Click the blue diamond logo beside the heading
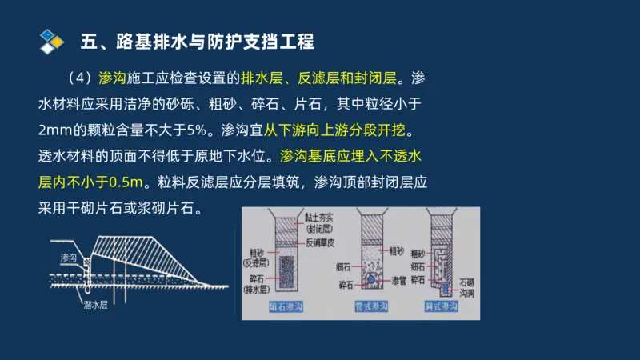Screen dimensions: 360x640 [x=51, y=40]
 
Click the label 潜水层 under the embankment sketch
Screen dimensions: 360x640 [x=95, y=305]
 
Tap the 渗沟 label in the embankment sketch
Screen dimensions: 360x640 [x=69, y=258]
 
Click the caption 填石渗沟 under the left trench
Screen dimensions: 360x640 [x=285, y=306]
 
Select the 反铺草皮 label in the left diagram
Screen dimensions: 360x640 [x=322, y=242]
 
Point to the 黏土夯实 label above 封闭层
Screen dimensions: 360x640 [x=322, y=218]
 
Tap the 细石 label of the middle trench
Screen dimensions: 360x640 [x=344, y=266]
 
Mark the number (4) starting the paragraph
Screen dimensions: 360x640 [x=81, y=78]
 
